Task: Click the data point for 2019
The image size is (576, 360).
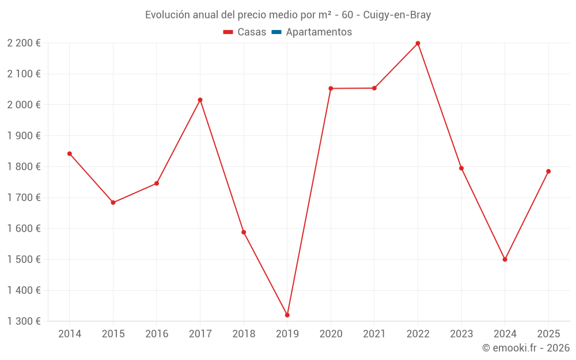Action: coord(287,315)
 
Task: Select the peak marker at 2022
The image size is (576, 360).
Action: coord(418,43)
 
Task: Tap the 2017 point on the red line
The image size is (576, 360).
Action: coord(200,100)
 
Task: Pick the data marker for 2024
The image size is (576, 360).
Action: coord(505,259)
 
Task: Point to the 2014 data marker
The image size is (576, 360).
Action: coord(70,154)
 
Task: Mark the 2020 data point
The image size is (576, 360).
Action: coord(331,88)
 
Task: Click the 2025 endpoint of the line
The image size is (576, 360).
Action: coord(548,171)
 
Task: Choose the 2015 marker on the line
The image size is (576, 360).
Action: coord(113,203)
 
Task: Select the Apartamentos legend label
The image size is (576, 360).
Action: coord(319,32)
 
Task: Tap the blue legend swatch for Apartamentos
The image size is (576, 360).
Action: coord(276,32)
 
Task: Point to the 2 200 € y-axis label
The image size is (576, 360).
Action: coord(24,43)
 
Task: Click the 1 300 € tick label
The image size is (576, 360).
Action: coord(24,321)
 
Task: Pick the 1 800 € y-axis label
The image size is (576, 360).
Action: coord(24,167)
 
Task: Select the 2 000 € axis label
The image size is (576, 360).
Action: coord(24,105)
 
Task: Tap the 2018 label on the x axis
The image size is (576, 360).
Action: coord(244,334)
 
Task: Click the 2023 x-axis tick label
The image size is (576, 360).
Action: coord(461,334)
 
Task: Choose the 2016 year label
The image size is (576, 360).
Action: coord(157,334)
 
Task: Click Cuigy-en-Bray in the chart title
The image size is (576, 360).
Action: coord(397,15)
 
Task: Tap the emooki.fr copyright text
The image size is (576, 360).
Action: coord(526,348)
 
